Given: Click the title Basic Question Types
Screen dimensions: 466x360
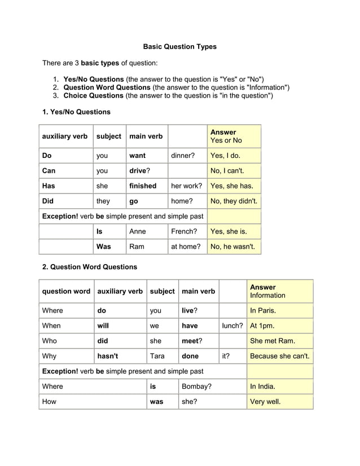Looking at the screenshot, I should pyautogui.click(x=179, y=47).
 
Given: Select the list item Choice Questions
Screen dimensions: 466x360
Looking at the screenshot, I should pyautogui.click(x=94, y=96).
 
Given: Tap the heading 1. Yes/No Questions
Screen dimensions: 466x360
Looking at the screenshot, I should pyautogui.click(x=76, y=112).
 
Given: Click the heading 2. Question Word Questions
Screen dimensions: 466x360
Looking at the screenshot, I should pyautogui.click(x=89, y=266).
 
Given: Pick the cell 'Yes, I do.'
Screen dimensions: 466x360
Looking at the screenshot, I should pyautogui.click(x=225, y=156).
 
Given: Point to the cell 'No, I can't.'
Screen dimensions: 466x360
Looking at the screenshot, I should pyautogui.click(x=227, y=171).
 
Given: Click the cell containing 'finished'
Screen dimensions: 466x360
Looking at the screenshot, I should pyautogui.click(x=143, y=186).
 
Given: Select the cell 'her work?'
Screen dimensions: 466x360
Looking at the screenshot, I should pyautogui.click(x=186, y=186).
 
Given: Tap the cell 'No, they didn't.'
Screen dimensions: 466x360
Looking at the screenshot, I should pyautogui.click(x=234, y=201).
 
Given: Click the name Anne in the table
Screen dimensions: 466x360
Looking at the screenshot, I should pyautogui.click(x=138, y=231).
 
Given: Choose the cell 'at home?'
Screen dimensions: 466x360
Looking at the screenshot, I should pyautogui.click(x=186, y=247).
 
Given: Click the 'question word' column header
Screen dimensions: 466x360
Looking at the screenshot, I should pyautogui.click(x=66, y=291).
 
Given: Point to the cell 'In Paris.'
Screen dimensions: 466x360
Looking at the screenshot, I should pyautogui.click(x=263, y=310).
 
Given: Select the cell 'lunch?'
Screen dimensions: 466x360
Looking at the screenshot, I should pyautogui.click(x=232, y=326).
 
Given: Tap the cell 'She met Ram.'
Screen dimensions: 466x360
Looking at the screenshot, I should pyautogui.click(x=273, y=341).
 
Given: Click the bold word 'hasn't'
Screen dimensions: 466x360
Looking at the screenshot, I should pyautogui.click(x=108, y=356).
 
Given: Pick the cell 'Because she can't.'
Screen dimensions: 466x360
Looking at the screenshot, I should pyautogui.click(x=279, y=356).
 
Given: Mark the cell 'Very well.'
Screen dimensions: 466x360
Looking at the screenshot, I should pyautogui.click(x=265, y=402).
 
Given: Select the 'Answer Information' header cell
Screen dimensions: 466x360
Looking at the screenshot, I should pyautogui.click(x=267, y=291).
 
